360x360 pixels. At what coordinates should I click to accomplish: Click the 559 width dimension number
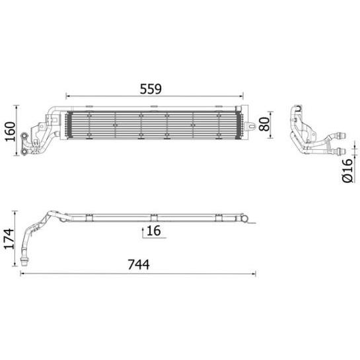(151, 89)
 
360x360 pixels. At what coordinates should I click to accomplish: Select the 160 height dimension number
(11, 131)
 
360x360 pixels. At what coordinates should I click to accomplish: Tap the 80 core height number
(264, 124)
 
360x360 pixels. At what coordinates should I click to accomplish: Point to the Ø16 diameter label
(347, 170)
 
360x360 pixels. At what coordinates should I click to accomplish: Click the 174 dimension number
(9, 238)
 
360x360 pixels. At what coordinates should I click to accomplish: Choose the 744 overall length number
(139, 264)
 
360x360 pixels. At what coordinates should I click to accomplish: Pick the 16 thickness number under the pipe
(154, 231)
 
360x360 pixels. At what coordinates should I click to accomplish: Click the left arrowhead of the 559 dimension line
(67, 96)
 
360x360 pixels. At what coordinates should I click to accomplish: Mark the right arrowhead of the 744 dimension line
(254, 273)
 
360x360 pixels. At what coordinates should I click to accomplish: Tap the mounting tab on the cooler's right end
(250, 126)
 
